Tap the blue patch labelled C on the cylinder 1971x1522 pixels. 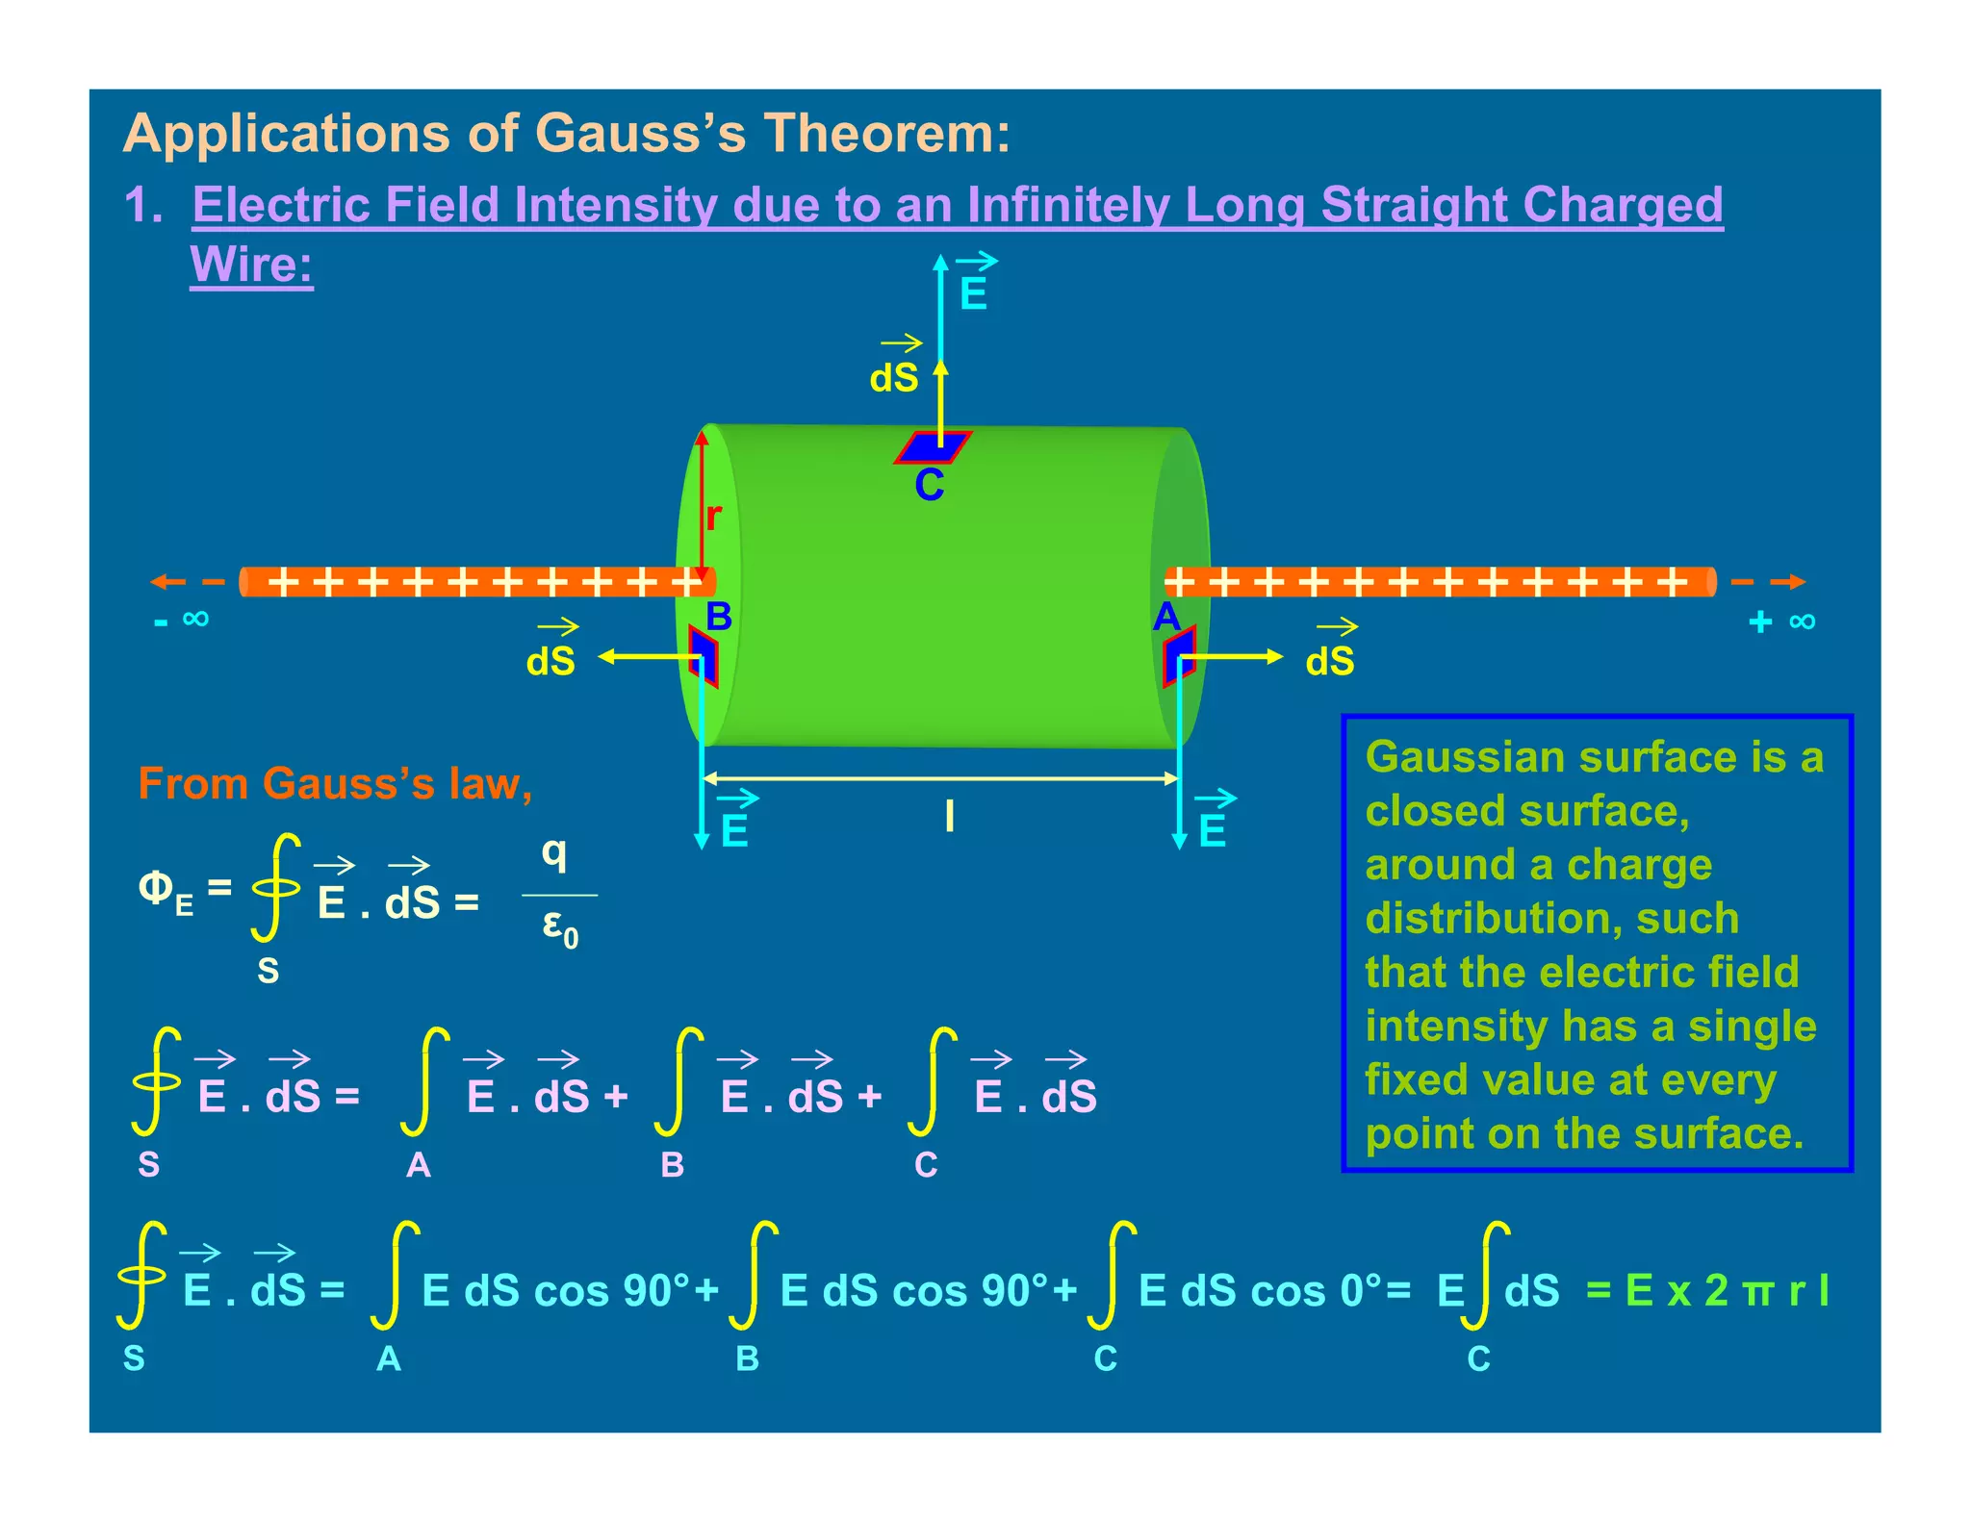pos(933,447)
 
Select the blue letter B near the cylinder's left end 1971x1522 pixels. pos(719,617)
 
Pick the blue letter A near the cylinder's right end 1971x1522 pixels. pos(1166,617)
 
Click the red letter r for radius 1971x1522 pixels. pos(713,517)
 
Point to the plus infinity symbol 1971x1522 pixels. pos(1782,621)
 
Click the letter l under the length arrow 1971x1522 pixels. pos(949,817)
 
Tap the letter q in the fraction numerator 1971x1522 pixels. pos(554,851)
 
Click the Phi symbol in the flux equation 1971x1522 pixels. pos(156,887)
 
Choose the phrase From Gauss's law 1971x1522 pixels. pos(334,783)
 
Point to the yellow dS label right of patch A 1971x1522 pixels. pos(1329,661)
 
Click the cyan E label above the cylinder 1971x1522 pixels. pos(973,294)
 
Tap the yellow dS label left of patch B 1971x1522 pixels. pos(550,661)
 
